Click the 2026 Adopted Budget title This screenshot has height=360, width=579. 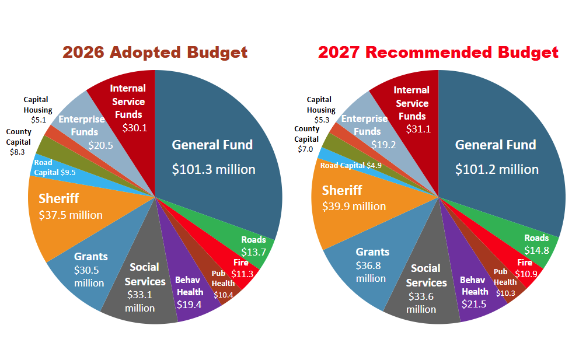[155, 53]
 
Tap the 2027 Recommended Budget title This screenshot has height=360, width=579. [438, 53]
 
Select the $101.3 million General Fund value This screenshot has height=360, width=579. [214, 169]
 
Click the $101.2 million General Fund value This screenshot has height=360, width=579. [497, 169]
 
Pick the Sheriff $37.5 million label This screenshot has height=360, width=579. [71, 207]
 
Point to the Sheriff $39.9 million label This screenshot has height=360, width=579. [354, 198]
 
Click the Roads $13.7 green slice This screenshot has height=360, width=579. [251, 248]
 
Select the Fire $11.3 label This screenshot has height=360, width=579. [242, 268]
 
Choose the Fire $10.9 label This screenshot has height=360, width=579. [526, 268]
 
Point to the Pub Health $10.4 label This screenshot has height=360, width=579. [223, 284]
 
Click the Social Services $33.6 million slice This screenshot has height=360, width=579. [425, 288]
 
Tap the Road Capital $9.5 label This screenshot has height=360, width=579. [55, 167]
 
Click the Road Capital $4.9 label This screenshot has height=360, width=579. [351, 166]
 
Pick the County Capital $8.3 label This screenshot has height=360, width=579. [18, 142]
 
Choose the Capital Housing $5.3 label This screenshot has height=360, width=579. [321, 110]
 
